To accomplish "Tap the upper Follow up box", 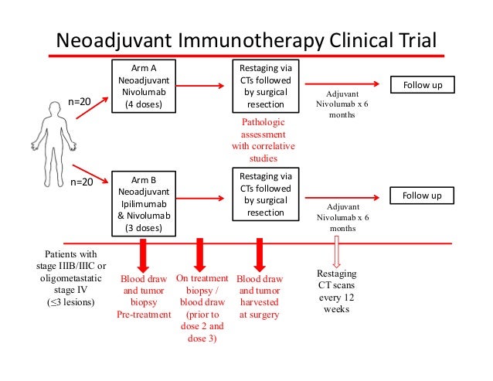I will tap(422, 84).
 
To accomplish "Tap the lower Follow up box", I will tap(422, 196).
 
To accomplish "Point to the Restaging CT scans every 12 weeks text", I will tap(336, 291).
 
